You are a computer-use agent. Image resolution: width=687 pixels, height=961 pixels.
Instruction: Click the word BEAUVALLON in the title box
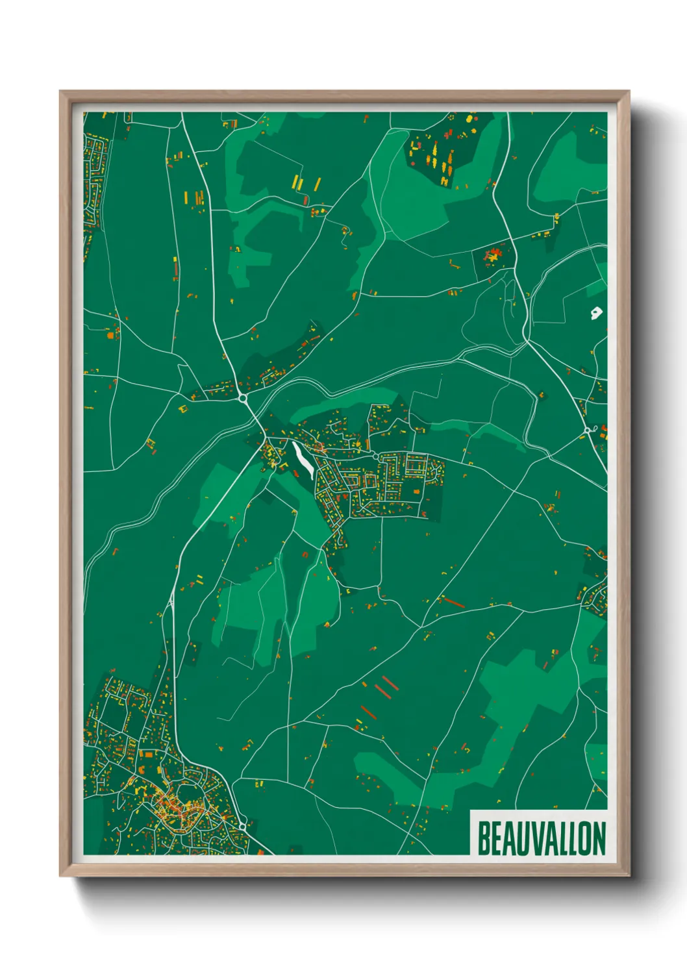coord(542,838)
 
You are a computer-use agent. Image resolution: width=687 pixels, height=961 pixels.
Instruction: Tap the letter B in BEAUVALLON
coord(484,838)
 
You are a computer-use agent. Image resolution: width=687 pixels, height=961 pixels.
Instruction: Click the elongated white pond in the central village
coord(302,460)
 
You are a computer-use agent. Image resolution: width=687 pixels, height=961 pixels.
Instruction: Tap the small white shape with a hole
coord(595,314)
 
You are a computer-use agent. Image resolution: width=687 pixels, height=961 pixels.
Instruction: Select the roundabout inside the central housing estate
coord(376,458)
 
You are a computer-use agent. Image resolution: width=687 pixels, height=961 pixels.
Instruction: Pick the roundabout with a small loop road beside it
coord(587,430)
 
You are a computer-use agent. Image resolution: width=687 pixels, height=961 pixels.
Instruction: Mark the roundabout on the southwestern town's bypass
coord(242,825)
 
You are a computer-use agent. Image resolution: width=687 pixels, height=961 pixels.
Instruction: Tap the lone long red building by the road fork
coord(453,603)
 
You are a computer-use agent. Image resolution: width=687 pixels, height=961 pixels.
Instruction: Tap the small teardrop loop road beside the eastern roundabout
coord(595,429)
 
